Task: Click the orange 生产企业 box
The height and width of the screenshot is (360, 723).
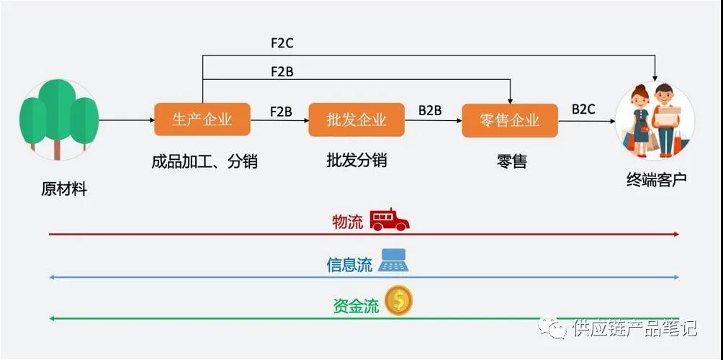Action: point(202,120)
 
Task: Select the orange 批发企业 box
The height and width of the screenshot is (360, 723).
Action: point(356,120)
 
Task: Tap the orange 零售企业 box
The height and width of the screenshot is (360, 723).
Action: point(510,120)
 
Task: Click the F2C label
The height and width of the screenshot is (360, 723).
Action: point(282,43)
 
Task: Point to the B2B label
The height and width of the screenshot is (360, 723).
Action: point(430,111)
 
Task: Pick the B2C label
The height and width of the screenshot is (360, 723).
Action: point(583,109)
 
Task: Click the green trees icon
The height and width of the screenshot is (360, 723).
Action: point(58,120)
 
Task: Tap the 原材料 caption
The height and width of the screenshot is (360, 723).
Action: point(63,189)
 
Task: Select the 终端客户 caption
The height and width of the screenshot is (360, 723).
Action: point(656,179)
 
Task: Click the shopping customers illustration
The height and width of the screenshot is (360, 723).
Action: point(655,121)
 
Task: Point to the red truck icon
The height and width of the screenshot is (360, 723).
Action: point(390,220)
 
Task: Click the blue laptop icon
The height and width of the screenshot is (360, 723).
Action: point(394,260)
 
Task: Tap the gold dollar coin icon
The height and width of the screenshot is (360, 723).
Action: point(398,300)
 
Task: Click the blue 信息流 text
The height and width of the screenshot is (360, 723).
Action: point(349,264)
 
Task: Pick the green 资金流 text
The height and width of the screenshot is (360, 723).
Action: point(356,306)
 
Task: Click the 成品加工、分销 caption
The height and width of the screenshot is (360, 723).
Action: point(205,161)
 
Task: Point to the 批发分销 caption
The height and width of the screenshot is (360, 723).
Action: point(356,161)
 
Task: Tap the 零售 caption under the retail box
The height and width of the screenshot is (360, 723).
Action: point(511,161)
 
